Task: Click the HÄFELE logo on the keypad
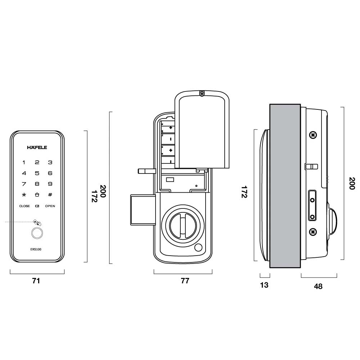point(37,147)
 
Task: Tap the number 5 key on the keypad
point(37,173)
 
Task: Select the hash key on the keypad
point(50,195)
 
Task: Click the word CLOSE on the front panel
point(24,206)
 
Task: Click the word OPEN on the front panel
point(50,206)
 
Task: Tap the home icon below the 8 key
point(37,195)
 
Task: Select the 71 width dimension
point(36,281)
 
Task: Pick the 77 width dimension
point(185,281)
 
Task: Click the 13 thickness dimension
point(264,285)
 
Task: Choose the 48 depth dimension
point(318,287)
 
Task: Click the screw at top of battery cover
point(202,94)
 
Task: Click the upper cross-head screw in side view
point(313,135)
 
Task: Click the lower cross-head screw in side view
point(313,231)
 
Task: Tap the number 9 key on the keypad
point(50,184)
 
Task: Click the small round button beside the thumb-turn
point(198,248)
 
